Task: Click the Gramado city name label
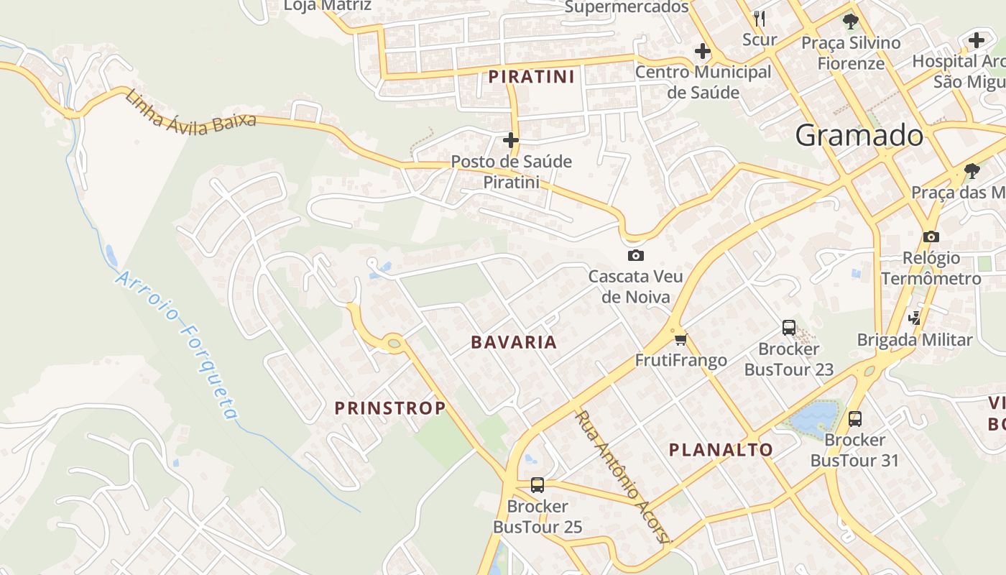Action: [x=859, y=135]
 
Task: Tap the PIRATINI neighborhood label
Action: [x=532, y=77]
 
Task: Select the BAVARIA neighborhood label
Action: [x=514, y=342]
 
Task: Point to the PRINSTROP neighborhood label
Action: [x=390, y=408]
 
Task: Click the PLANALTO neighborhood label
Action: [x=721, y=450]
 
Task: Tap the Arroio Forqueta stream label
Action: [x=177, y=345]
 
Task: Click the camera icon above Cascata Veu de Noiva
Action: [x=635, y=255]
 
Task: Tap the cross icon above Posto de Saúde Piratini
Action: [x=511, y=139]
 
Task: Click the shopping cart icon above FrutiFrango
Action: [x=680, y=339]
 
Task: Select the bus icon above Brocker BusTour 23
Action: [x=789, y=328]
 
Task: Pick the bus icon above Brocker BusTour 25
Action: [x=537, y=485]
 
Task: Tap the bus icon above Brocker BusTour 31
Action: [x=854, y=418]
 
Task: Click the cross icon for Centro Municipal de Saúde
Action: [x=703, y=51]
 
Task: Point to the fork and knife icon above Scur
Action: [x=760, y=18]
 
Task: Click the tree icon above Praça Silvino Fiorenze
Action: [x=851, y=21]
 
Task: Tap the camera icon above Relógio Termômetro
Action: [x=931, y=236]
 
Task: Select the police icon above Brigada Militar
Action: [x=915, y=317]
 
